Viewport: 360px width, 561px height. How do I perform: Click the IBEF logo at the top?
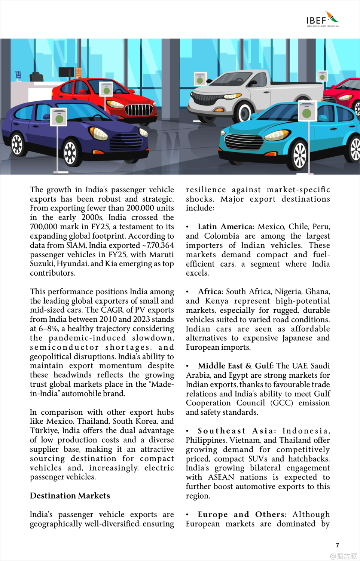point(322,19)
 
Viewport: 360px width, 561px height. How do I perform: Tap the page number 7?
point(338,545)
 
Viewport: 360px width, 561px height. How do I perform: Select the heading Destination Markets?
point(70,496)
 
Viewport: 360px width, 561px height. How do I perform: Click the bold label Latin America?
point(226,227)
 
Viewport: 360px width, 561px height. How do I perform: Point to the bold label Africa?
point(210,292)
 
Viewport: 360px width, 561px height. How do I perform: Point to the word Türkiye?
point(45,431)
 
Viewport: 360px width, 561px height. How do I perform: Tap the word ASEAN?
point(221,477)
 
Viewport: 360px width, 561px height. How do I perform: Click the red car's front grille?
point(139,110)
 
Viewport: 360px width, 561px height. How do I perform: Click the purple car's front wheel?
point(70,153)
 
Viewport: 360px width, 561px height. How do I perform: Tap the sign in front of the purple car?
point(58,117)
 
